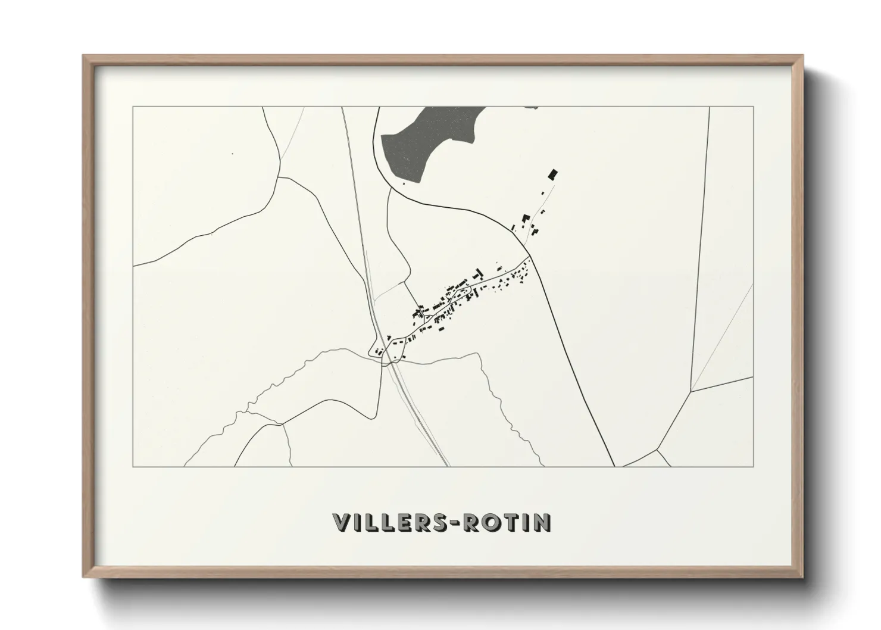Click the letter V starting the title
(341, 522)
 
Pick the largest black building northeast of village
(553, 174)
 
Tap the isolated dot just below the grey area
(404, 183)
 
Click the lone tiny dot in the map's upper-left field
(232, 154)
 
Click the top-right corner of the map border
(754, 107)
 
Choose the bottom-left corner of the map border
(133, 466)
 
